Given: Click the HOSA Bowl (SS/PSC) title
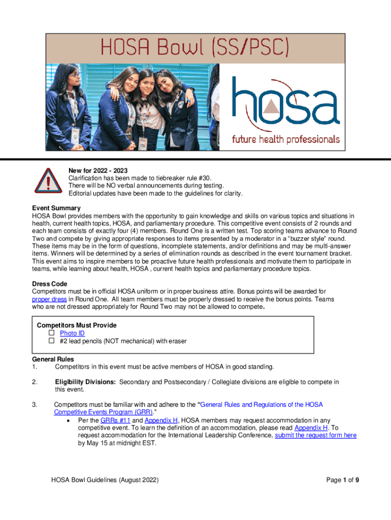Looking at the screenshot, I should click(195, 49).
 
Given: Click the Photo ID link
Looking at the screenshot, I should click(72, 333).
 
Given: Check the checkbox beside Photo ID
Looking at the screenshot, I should click(51, 333).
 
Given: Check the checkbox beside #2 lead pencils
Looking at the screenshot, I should click(51, 341).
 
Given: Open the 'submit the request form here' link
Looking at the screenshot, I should click(315, 435).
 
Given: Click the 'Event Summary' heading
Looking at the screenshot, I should click(56, 208).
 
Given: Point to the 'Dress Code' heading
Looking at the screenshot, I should click(50, 284).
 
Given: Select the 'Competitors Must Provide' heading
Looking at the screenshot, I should click(77, 324).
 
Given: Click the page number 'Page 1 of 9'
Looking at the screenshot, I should click(344, 480).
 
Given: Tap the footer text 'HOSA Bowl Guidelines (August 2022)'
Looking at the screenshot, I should click(105, 480).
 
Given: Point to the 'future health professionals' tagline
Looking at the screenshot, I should click(286, 138).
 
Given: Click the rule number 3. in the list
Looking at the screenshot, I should click(35, 405).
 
